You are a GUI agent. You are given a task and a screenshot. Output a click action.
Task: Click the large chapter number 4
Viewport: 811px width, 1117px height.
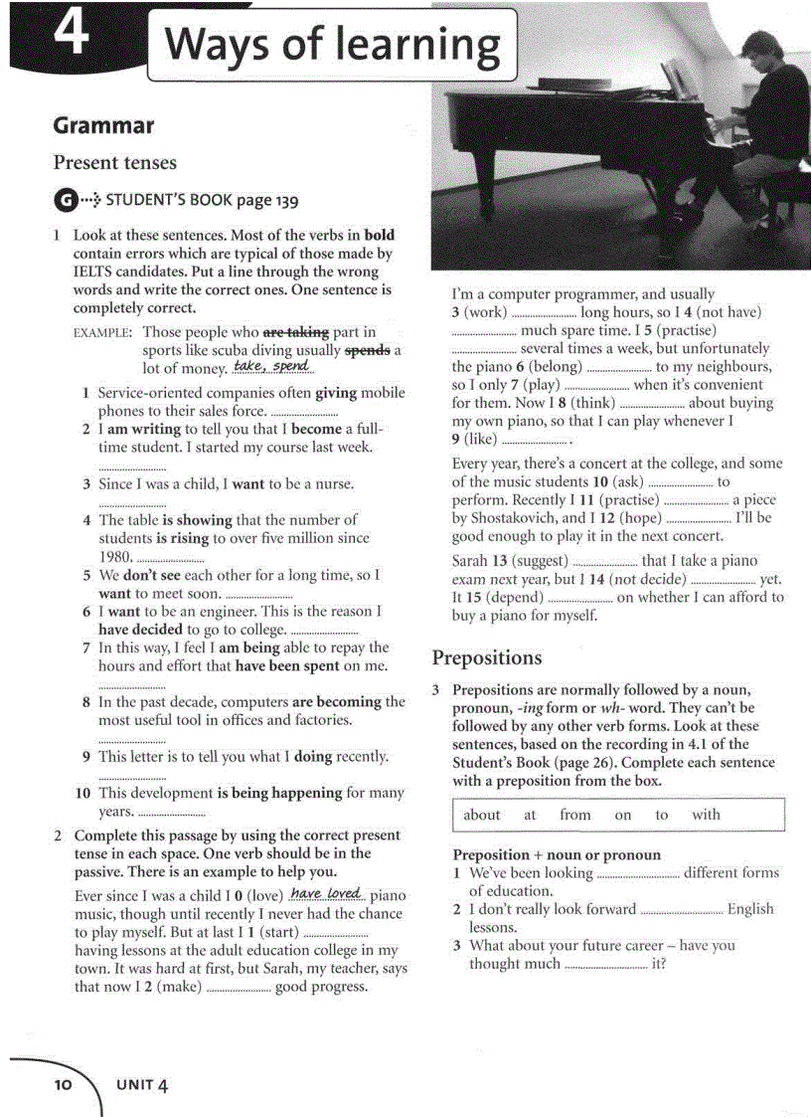(71, 34)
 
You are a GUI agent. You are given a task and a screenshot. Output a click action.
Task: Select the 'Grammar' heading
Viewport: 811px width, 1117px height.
(103, 125)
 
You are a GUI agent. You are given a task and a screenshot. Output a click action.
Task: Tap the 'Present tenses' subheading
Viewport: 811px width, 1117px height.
(114, 162)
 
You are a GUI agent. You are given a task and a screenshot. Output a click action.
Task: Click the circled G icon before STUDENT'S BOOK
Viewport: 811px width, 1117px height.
(64, 200)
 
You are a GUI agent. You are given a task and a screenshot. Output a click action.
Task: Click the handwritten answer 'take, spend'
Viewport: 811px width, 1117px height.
(271, 366)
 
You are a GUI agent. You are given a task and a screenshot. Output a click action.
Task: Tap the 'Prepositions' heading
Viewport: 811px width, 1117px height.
(487, 657)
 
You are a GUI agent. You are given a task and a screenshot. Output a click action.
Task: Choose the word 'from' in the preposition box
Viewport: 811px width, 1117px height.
(574, 815)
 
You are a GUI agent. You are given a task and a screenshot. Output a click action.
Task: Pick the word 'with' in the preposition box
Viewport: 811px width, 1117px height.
(706, 815)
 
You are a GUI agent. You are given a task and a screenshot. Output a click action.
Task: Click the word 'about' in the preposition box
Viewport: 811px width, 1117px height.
(482, 815)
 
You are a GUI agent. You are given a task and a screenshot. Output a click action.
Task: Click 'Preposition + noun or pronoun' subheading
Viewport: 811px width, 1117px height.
(557, 854)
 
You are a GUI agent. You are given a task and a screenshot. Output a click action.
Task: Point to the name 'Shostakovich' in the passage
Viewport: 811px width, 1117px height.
(513, 518)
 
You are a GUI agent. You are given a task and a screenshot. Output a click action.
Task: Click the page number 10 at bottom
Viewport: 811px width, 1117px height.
(64, 1084)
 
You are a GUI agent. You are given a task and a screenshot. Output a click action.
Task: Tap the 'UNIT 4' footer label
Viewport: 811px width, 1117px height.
(141, 1084)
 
